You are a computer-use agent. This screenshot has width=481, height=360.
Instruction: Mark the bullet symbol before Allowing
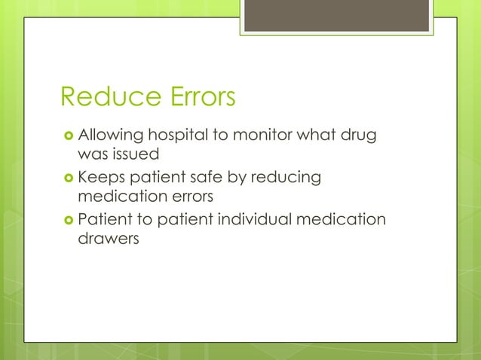(x=68, y=137)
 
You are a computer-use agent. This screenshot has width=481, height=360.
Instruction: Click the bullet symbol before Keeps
(x=68, y=178)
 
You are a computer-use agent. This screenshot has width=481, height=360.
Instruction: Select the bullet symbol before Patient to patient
(x=68, y=221)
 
